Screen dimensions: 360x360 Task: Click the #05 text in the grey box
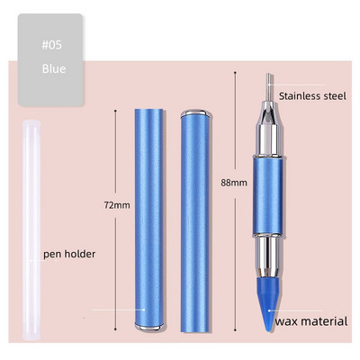51,45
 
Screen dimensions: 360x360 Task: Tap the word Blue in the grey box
54,68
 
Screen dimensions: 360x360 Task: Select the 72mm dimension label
117,205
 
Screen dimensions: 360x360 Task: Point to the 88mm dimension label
234,183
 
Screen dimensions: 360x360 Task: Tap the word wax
287,321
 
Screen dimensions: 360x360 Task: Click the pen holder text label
69,254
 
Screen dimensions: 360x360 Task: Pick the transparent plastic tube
31,229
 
